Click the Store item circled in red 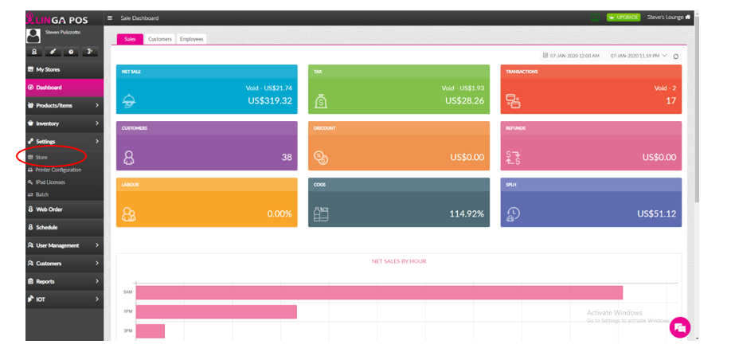[41, 158]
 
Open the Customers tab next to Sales [160, 39]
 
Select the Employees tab [191, 39]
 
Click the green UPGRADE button [623, 17]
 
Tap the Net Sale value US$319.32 [269, 101]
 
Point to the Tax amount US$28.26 [464, 101]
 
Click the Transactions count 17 [670, 101]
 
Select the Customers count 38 [287, 158]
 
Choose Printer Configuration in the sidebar [58, 170]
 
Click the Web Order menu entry [49, 209]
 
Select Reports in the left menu [46, 281]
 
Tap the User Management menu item [57, 245]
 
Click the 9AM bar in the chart [379, 292]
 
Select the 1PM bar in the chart [217, 311]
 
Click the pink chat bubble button [679, 327]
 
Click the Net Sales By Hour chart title [399, 261]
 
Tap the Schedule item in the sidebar [47, 227]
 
